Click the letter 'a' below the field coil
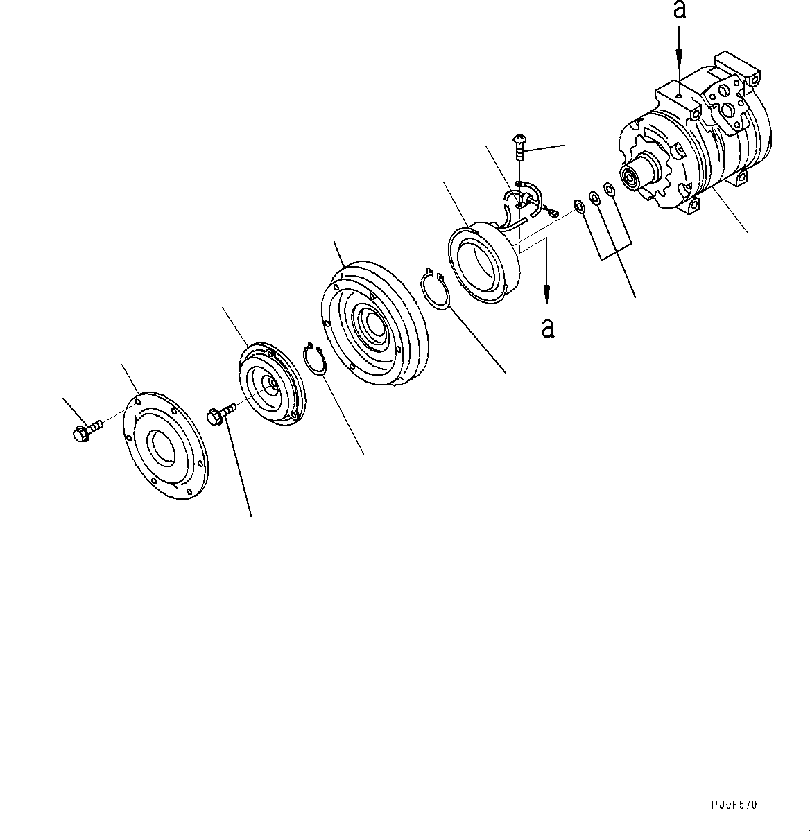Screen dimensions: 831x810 pos(548,327)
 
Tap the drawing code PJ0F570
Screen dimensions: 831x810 pos(734,805)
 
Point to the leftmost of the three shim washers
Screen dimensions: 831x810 pos(578,206)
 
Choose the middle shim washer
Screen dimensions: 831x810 pos(594,198)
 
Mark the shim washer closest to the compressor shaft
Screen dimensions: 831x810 pos(609,190)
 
